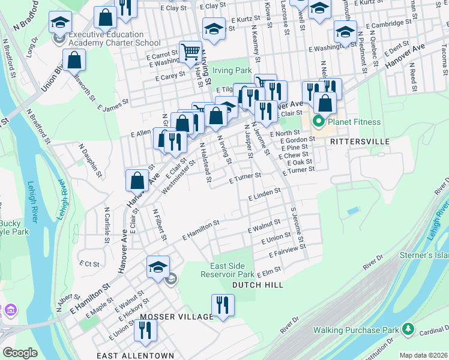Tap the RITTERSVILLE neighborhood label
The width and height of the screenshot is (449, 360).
pos(360,142)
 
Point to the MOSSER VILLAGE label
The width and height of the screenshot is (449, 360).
pos(176,316)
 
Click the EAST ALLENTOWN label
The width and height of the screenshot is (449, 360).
pos(135,356)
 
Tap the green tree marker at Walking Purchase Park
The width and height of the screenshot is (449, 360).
pos(408,329)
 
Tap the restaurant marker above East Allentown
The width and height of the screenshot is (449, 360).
pos(145,329)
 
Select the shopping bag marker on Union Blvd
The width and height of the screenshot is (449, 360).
pos(74,60)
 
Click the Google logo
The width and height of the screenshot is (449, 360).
pos(20,353)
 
